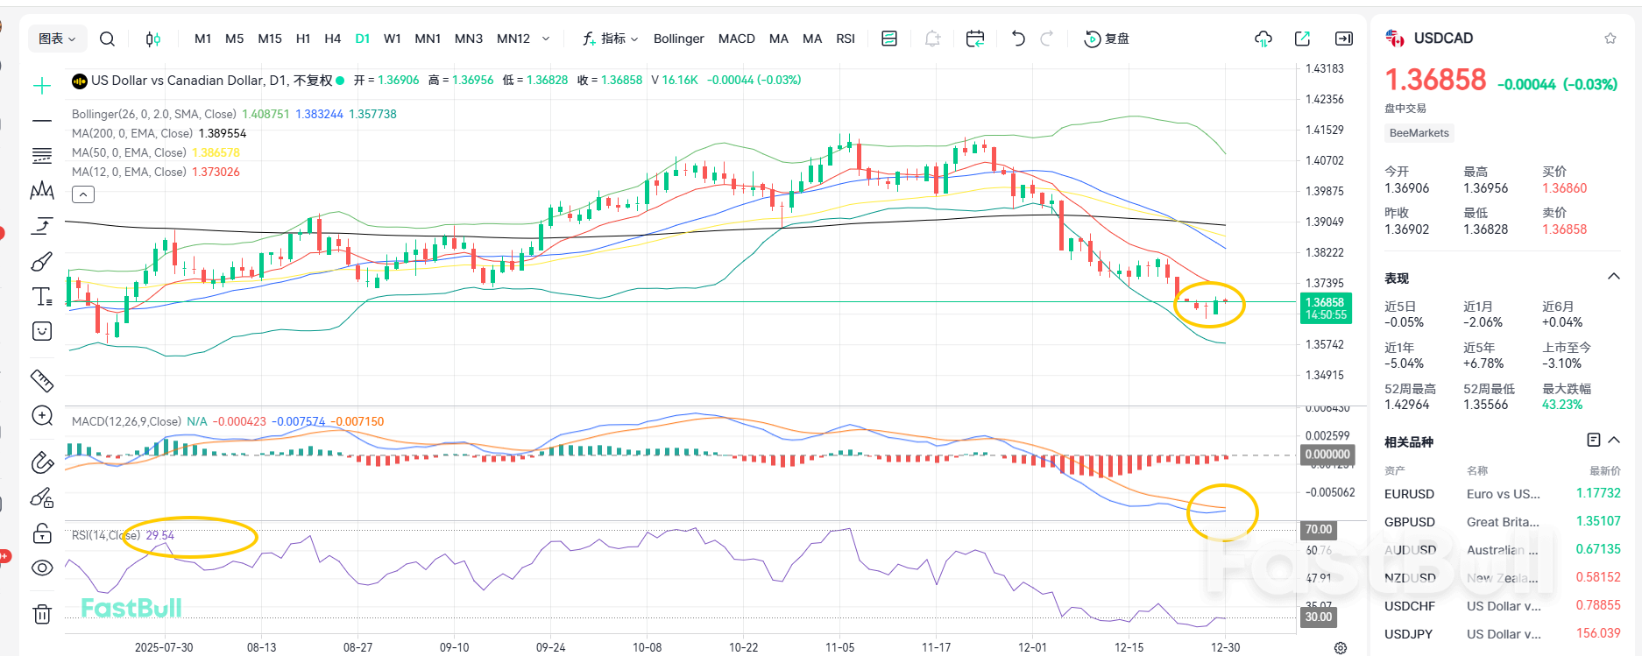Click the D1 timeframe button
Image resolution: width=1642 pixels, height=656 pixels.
(x=362, y=39)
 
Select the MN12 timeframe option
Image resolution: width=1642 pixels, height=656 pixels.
(x=513, y=39)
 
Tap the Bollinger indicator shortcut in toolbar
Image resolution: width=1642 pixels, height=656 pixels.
(x=678, y=39)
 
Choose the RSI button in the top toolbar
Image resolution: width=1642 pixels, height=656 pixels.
(x=845, y=39)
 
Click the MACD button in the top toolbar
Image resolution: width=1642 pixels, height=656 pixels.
(x=736, y=39)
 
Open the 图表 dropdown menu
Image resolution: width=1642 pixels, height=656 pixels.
(x=57, y=39)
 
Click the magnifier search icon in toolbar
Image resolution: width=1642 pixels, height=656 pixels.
(x=107, y=39)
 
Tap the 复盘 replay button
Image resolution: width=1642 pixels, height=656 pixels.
(x=1108, y=39)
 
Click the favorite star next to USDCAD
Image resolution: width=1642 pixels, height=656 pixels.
(x=1610, y=39)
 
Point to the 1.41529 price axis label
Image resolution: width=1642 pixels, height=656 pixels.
(x=1324, y=130)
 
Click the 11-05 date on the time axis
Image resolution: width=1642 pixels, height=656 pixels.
(x=839, y=647)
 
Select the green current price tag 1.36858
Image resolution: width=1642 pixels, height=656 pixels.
(x=1325, y=307)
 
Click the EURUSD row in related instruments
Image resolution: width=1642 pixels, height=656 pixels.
(x=1409, y=494)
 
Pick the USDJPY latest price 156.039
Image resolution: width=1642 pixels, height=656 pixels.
(x=1597, y=633)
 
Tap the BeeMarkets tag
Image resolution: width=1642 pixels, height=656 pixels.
(x=1419, y=133)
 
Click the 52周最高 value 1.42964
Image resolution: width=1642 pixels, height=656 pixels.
(x=1406, y=405)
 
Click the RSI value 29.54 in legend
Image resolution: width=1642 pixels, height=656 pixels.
(x=159, y=535)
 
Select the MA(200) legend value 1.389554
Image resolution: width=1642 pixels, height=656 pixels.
(x=223, y=133)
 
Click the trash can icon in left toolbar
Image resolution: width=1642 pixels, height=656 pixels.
(x=42, y=614)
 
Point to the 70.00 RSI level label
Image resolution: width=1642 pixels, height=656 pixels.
(x=1318, y=529)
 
